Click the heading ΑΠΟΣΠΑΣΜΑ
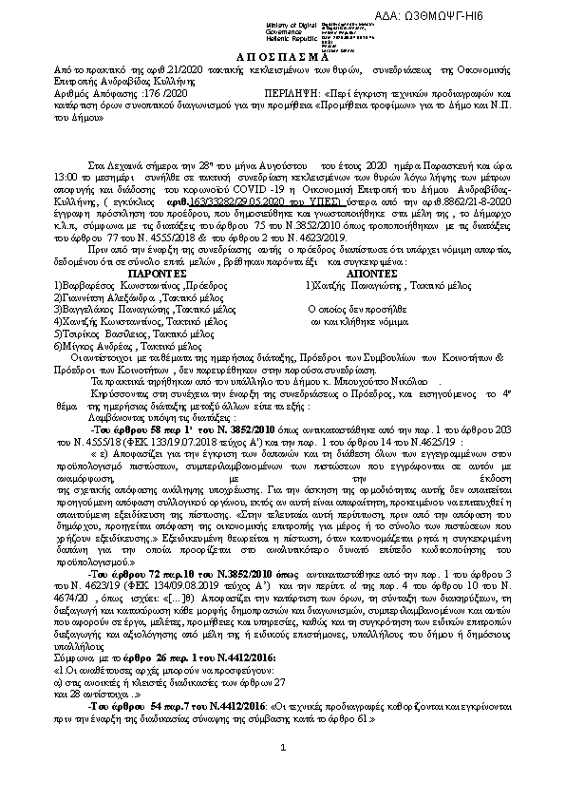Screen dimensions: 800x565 click(x=281, y=56)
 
